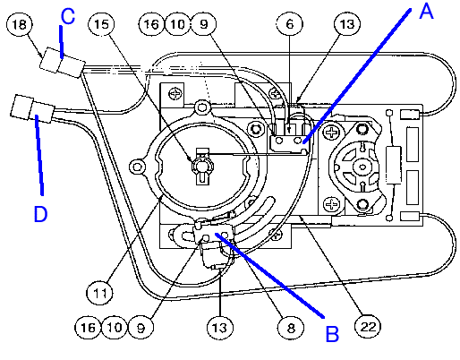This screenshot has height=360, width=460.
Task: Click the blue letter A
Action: pyautogui.click(x=426, y=12)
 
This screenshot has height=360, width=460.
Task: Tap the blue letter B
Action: pyautogui.click(x=332, y=334)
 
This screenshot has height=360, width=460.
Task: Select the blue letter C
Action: pyautogui.click(x=68, y=16)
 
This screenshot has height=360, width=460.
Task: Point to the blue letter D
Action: pyautogui.click(x=40, y=214)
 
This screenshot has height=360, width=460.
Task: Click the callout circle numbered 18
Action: pyautogui.click(x=20, y=24)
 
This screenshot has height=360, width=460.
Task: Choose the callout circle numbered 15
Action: pyautogui.click(x=101, y=24)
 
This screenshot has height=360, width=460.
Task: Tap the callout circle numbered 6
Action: pyautogui.click(x=289, y=24)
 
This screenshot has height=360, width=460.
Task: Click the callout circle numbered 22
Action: pyautogui.click(x=368, y=327)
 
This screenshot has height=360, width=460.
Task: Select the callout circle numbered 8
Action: pyautogui.click(x=291, y=328)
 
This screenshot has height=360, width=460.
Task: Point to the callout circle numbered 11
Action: pyautogui.click(x=99, y=293)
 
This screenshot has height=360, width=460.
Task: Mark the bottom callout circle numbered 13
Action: pyautogui.click(x=220, y=328)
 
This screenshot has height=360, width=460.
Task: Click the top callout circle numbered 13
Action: pyautogui.click(x=347, y=24)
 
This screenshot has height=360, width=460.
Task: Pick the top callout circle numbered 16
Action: pyautogui.click(x=151, y=24)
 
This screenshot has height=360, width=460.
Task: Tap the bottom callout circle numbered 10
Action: pyautogui.click(x=115, y=328)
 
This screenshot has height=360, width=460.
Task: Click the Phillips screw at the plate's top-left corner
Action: pyautogui.click(x=175, y=94)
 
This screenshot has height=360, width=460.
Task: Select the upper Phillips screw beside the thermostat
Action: pyautogui.click(x=331, y=132)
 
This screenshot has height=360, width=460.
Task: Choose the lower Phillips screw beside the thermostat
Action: pyautogui.click(x=331, y=205)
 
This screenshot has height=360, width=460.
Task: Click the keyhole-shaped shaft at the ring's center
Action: pyautogui.click(x=202, y=166)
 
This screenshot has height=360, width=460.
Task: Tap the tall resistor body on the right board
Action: pyautogui.click(x=394, y=165)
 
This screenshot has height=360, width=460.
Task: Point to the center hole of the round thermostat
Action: pyautogui.click(x=362, y=167)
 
